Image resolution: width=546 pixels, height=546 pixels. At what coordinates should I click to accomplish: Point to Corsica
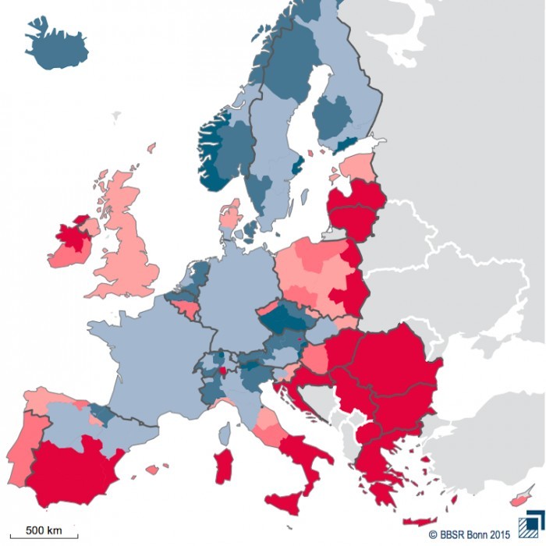225,433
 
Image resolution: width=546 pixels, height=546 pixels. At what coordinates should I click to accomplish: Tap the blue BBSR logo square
532,525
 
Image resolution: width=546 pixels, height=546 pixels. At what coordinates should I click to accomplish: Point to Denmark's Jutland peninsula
230,214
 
